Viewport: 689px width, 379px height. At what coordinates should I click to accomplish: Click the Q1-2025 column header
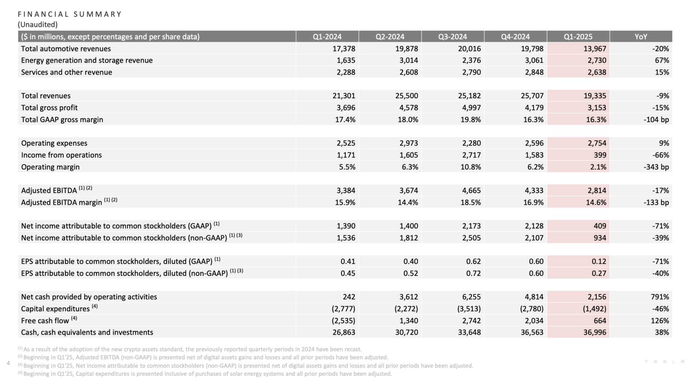577,37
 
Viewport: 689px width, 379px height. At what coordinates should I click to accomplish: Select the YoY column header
641,37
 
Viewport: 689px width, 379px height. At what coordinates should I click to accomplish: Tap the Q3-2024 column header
453,37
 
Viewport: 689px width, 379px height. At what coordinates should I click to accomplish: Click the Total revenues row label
46,96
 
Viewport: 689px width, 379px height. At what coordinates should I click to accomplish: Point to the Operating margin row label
50,167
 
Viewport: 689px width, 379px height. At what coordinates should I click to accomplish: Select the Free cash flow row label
45,320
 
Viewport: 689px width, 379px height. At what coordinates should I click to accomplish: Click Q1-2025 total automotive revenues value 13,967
595,49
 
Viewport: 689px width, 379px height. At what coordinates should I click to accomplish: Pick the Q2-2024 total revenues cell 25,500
407,96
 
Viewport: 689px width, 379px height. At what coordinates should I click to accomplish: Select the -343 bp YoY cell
656,167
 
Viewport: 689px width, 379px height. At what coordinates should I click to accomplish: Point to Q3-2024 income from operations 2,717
471,155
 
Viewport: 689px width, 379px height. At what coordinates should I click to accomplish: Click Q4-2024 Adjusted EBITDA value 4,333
534,190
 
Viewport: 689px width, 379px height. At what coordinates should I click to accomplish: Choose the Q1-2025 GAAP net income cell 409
600,226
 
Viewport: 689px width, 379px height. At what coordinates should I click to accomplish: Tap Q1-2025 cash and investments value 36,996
595,332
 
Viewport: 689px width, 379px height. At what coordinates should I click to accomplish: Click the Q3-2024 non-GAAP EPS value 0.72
473,273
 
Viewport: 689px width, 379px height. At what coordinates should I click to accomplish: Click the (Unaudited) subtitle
38,24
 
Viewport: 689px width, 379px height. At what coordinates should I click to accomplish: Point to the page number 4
8,363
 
